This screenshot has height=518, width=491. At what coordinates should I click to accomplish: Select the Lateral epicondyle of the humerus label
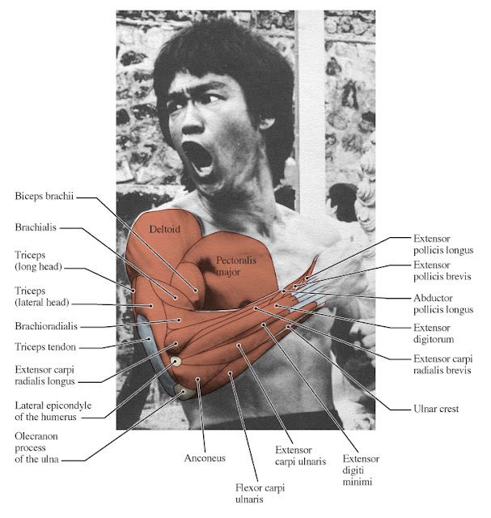click(x=49, y=410)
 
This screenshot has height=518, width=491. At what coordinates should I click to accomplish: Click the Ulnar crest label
click(x=436, y=410)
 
